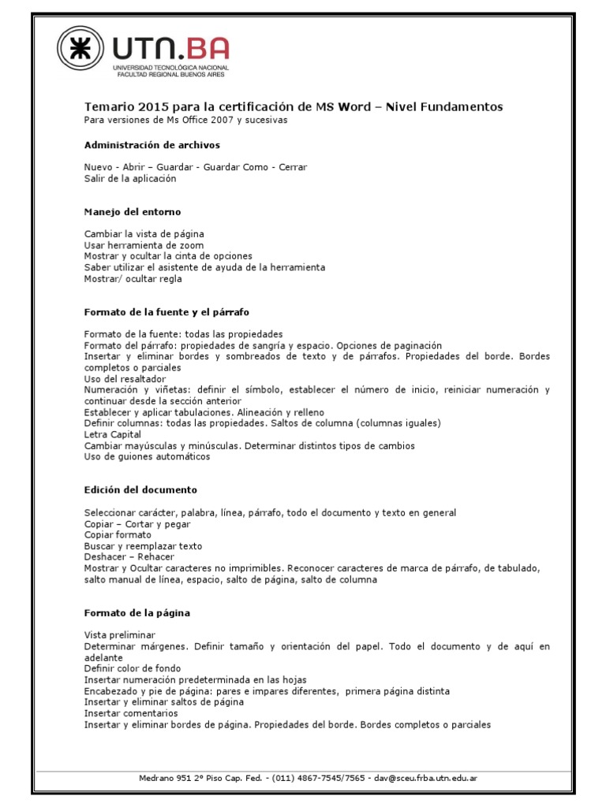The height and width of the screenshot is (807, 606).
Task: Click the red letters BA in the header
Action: pos(206,49)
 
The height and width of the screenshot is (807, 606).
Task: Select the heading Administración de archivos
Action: pos(152,145)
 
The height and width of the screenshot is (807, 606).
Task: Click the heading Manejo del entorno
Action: pos(133,212)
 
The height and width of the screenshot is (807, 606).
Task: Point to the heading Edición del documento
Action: pos(140,490)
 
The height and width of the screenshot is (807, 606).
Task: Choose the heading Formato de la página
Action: pos(137,612)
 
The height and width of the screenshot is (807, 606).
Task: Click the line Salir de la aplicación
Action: pos(130,179)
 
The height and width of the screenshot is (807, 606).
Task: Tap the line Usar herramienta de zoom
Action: pos(144,245)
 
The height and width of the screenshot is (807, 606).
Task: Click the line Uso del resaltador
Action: pos(125,379)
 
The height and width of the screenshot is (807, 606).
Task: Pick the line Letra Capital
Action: pos(113,434)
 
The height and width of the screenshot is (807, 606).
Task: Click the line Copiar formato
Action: pos(118,535)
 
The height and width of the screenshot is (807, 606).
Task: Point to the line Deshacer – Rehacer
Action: pos(129,557)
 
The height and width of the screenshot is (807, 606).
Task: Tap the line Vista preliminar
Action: pos(120,635)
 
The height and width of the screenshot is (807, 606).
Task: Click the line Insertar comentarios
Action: pos(132,713)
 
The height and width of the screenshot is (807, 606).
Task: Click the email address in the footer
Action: pos(425,778)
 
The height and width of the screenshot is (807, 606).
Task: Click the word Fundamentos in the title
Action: pos(457,107)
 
